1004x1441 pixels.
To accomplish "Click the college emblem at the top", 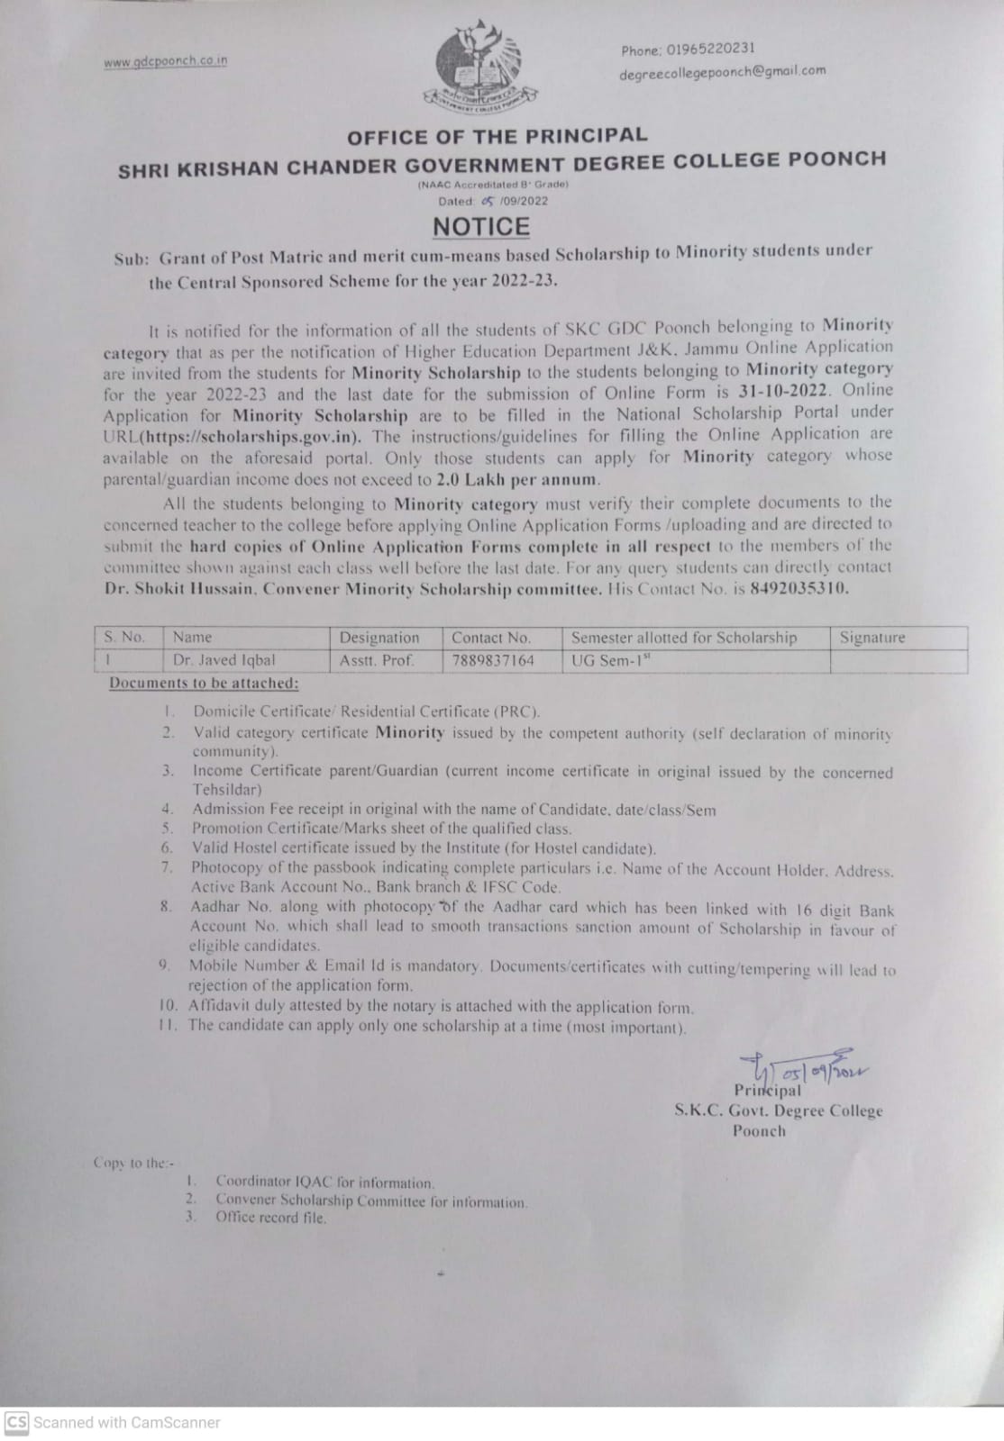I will [x=479, y=67].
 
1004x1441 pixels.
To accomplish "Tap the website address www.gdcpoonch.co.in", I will [x=165, y=61].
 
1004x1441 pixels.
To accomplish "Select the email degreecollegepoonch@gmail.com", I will [x=722, y=72].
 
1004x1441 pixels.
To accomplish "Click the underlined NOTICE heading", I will [x=481, y=227].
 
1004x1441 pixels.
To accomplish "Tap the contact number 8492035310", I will [x=799, y=588].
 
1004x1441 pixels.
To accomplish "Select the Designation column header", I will [x=379, y=638].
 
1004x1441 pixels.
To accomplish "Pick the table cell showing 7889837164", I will [x=493, y=660].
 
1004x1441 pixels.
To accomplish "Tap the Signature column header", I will [x=872, y=638].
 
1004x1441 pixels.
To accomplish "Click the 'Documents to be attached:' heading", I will [x=204, y=683].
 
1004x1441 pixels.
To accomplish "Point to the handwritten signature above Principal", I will [x=802, y=1068].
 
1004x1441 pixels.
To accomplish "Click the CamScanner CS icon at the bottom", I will [x=17, y=1422].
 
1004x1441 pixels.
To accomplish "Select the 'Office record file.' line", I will [x=270, y=1218].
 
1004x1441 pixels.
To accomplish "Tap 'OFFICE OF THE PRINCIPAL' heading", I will [x=497, y=136].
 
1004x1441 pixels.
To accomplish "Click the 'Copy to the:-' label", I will [x=134, y=1163].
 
